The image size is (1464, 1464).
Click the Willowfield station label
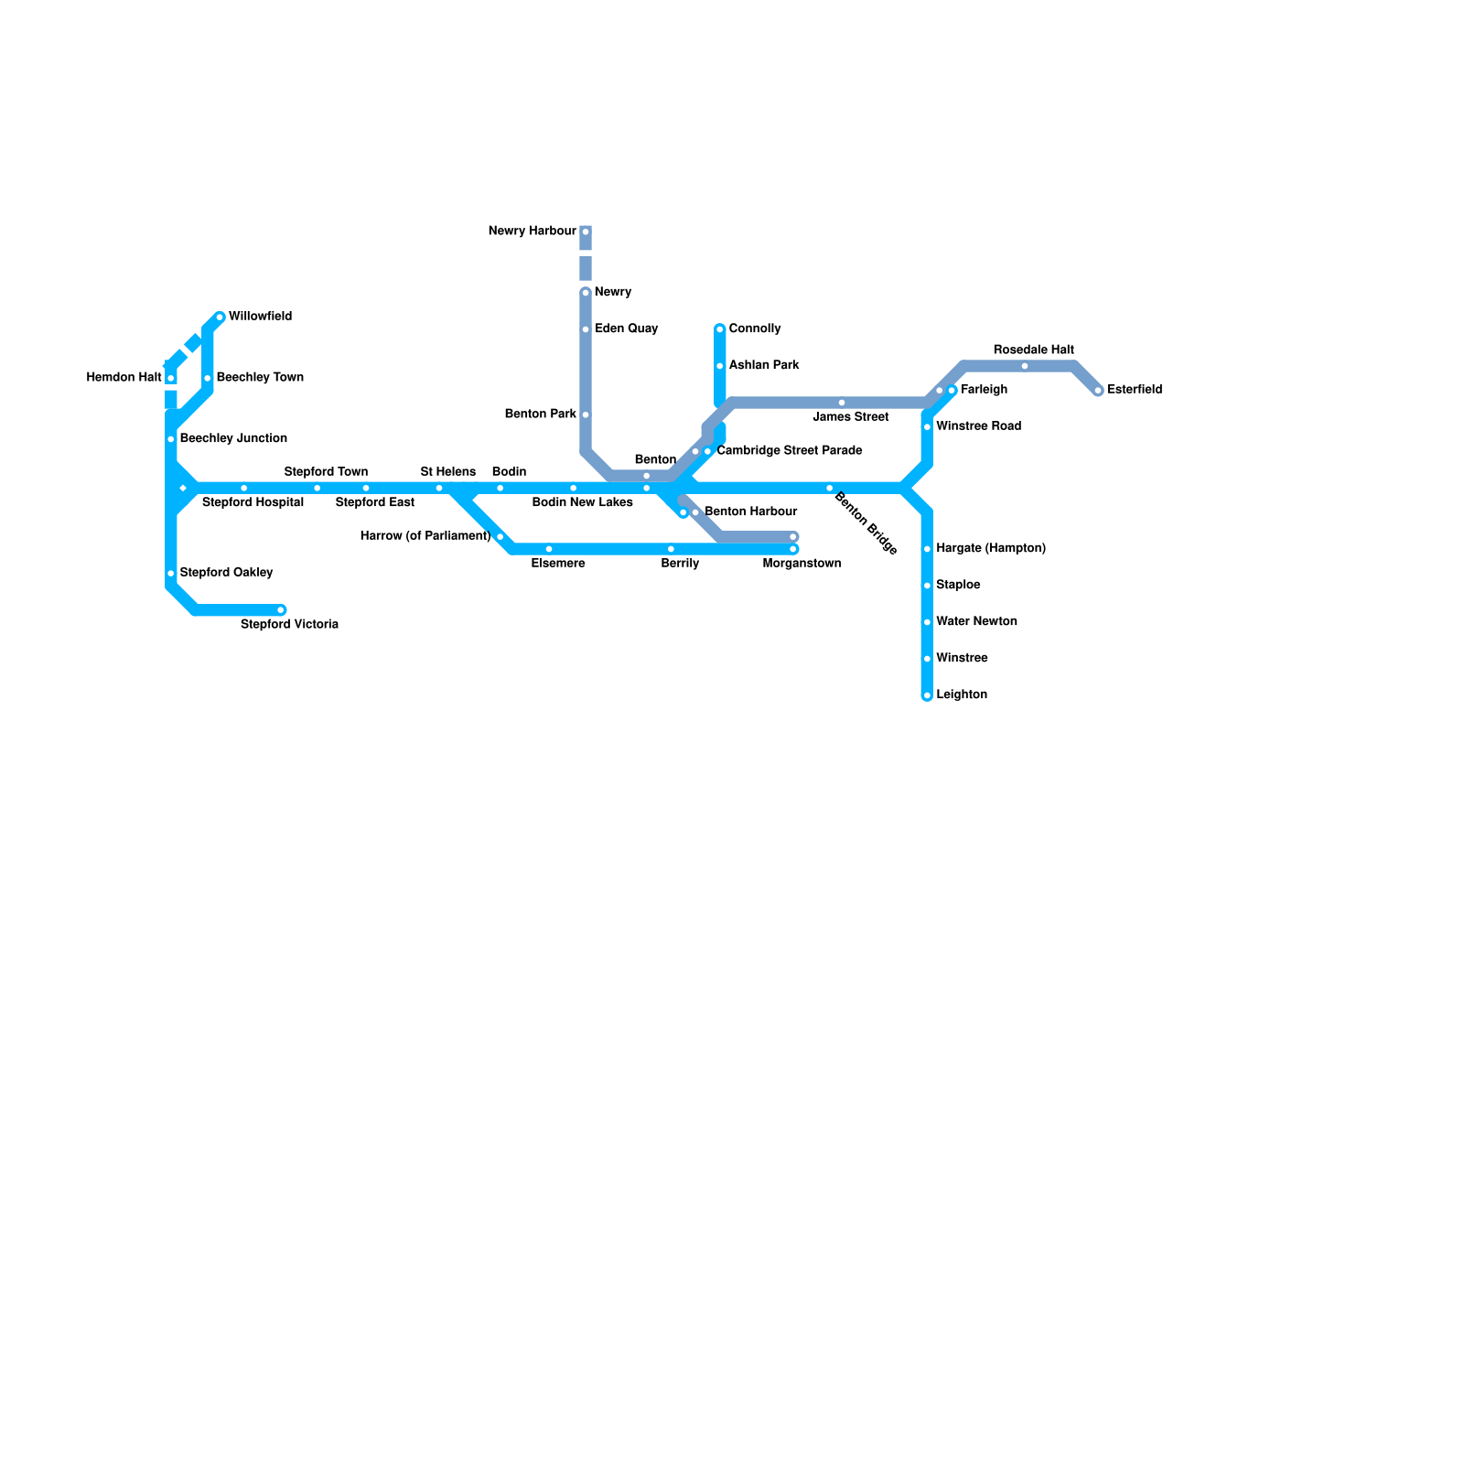coord(260,317)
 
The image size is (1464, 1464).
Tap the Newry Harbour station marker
coord(586,231)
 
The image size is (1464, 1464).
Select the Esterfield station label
coord(1135,390)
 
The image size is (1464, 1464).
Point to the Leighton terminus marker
coord(927,695)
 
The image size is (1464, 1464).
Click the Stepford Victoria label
coord(289,625)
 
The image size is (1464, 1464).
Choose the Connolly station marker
coord(720,329)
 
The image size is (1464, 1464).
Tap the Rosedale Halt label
coord(1033,350)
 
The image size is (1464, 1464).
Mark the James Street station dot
coord(842,403)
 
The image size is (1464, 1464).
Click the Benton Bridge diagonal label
coord(865,523)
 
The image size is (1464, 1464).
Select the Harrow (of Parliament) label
coord(425,536)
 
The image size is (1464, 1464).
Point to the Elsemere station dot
coord(549,549)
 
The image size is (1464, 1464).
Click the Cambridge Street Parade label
coord(789,451)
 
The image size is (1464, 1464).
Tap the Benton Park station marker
coord(586,414)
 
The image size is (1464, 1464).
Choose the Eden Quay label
coord(626,328)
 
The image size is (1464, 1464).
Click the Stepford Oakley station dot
coord(171,574)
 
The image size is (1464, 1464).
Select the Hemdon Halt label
coord(124,377)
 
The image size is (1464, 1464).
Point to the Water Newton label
coord(976,621)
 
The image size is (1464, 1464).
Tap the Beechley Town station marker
coord(208,378)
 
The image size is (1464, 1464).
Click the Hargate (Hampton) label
coord(990,548)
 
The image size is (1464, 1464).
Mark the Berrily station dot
coord(671,549)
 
